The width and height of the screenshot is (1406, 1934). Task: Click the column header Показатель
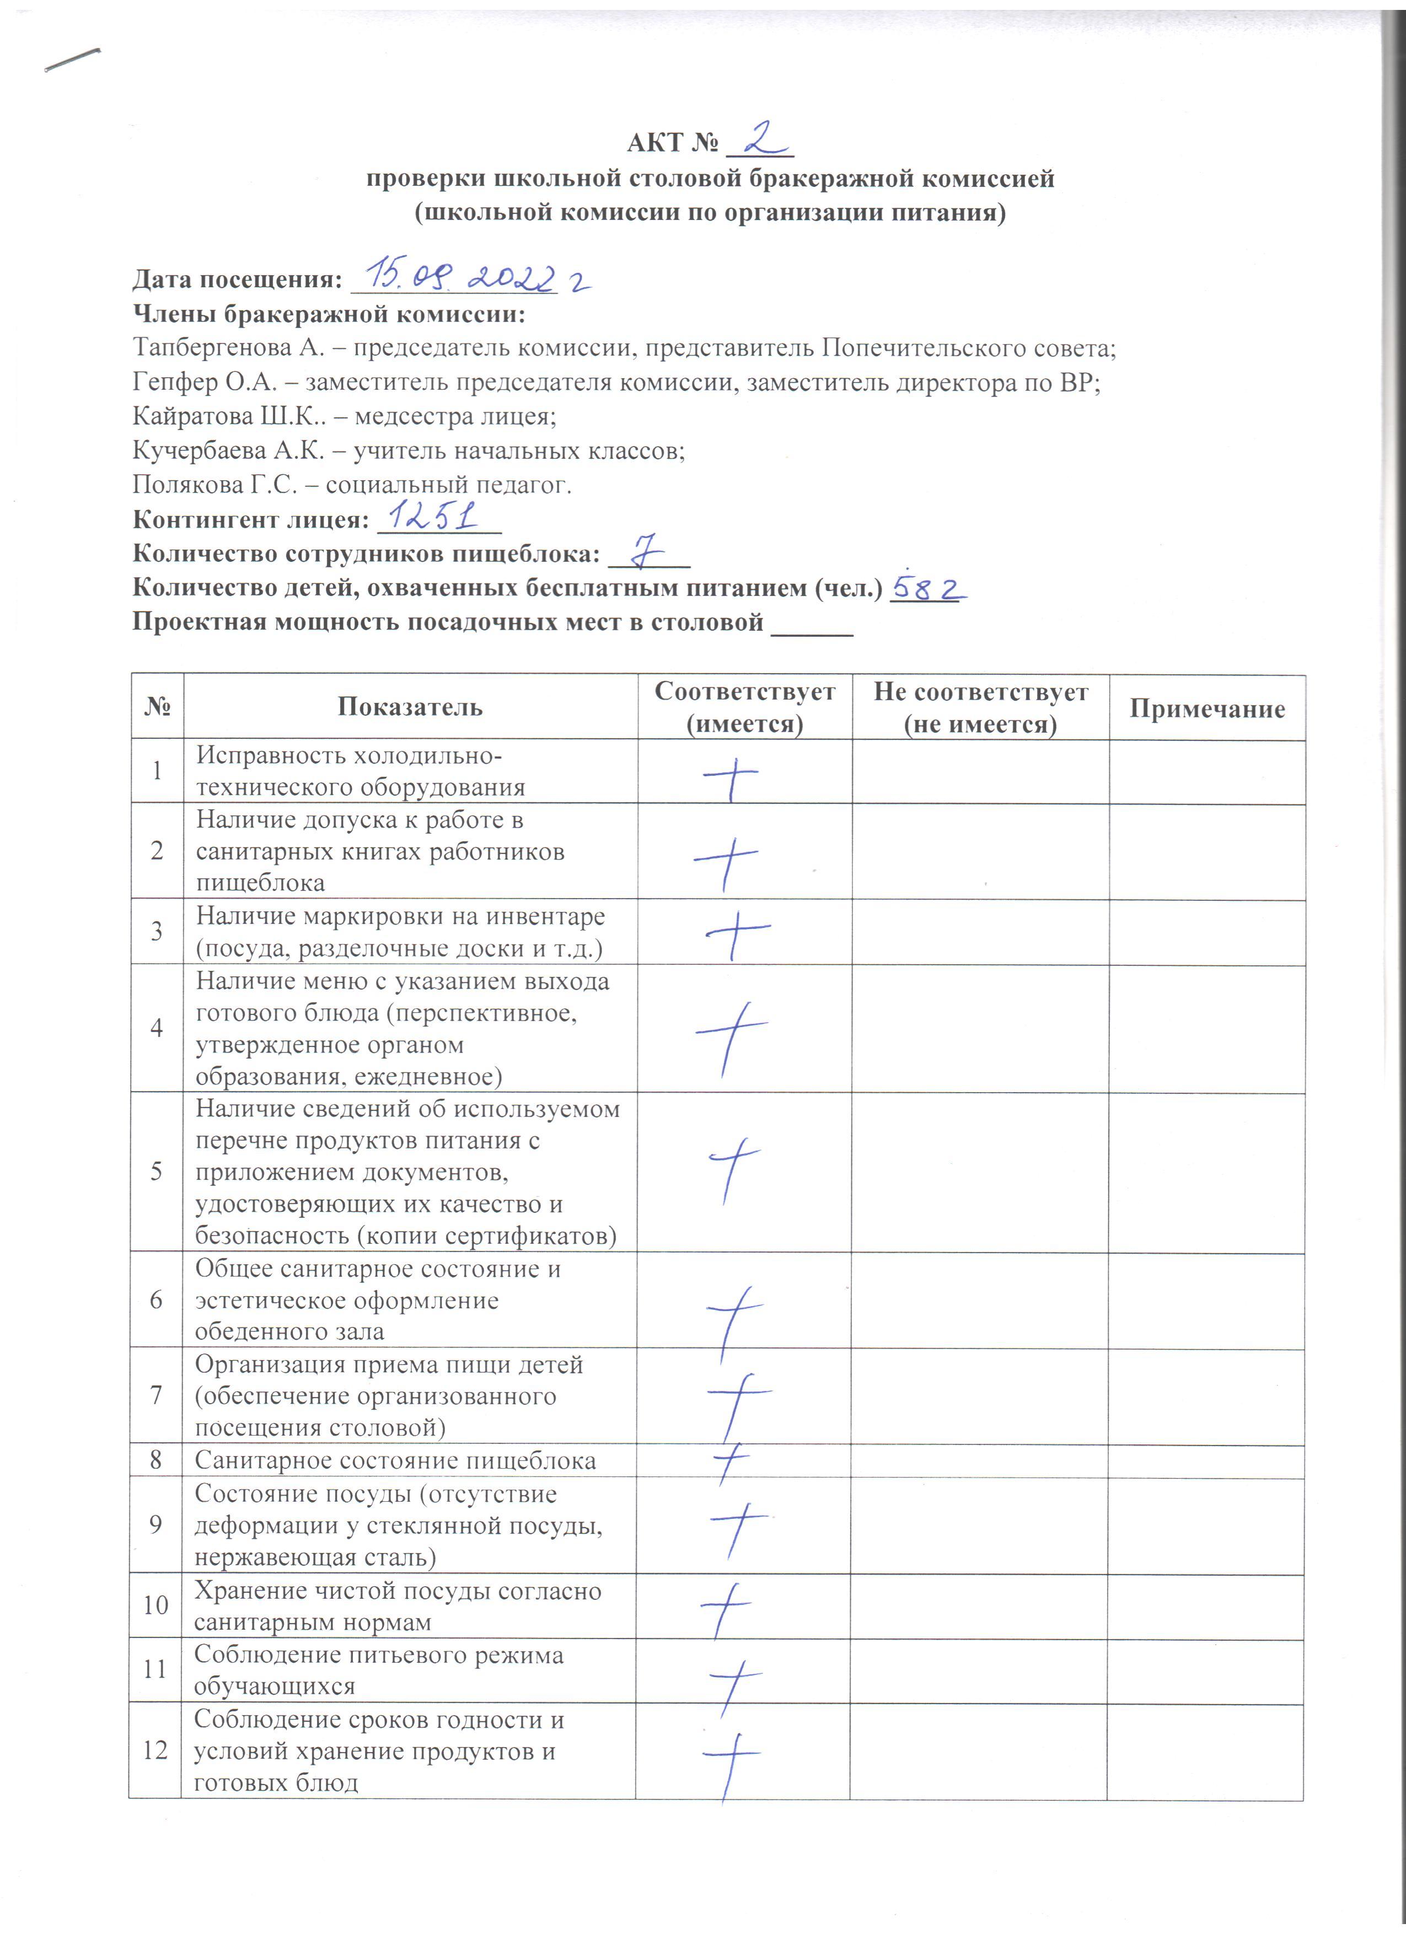pos(410,707)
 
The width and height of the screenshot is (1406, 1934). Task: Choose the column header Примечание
pos(1206,708)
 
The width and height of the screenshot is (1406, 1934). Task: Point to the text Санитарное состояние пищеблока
pos(395,1460)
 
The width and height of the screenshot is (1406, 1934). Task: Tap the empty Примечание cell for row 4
pos(1206,1028)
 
